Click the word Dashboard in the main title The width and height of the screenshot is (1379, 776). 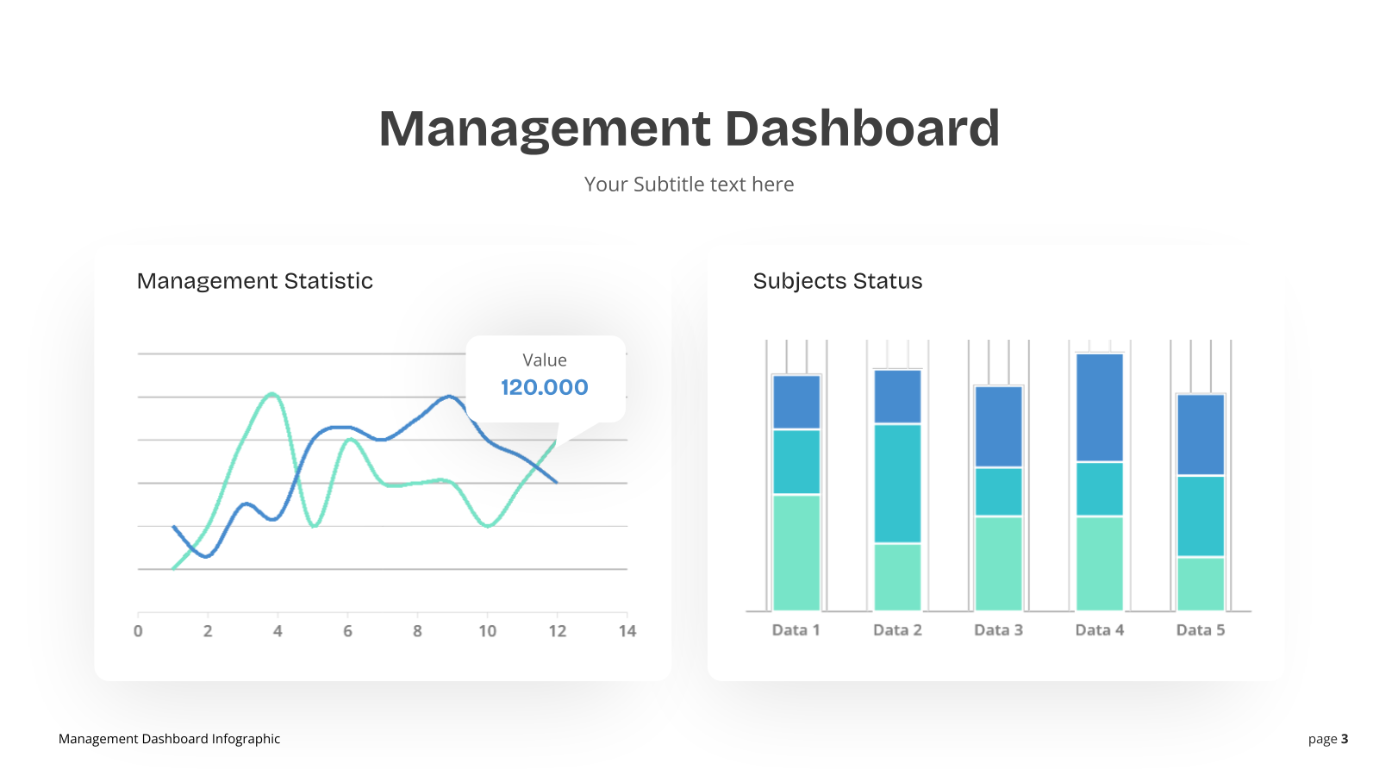[x=862, y=128]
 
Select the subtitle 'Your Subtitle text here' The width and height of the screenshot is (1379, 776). [x=689, y=185]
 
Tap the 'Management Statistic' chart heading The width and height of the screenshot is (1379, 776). [x=255, y=281]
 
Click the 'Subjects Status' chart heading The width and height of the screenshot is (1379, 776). [x=837, y=281]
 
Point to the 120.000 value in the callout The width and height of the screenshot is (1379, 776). [x=544, y=387]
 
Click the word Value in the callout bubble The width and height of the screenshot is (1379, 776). [x=544, y=360]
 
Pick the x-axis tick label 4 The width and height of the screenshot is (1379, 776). [x=278, y=631]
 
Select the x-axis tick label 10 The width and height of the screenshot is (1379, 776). [x=488, y=631]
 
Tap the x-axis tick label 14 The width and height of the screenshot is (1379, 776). [x=627, y=631]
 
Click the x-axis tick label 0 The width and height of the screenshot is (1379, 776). [x=138, y=631]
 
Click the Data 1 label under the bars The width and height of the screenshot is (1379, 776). [x=796, y=630]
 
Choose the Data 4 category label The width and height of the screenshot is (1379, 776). [x=1100, y=630]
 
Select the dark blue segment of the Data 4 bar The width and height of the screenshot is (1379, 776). [x=1100, y=407]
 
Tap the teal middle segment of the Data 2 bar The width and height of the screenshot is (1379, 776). [x=897, y=484]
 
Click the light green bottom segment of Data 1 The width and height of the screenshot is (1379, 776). [x=796, y=553]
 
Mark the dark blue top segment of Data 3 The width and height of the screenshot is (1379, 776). [x=999, y=426]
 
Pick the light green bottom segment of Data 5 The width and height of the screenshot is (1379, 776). [x=1201, y=584]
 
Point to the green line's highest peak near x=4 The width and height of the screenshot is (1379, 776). [x=272, y=393]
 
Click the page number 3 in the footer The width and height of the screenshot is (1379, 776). [x=1345, y=738]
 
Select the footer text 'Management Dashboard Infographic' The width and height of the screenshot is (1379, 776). [x=169, y=739]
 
